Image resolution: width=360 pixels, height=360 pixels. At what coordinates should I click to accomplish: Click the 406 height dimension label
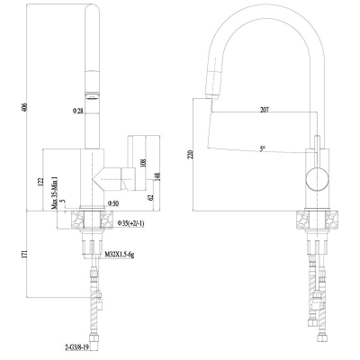click(x=25, y=108)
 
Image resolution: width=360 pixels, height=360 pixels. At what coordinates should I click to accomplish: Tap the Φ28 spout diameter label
click(x=77, y=111)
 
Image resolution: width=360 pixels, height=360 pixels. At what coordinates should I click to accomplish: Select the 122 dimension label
click(x=40, y=182)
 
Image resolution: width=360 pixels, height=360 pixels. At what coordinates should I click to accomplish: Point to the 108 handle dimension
click(x=143, y=163)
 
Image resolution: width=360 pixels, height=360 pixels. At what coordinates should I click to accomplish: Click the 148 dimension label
click(x=157, y=176)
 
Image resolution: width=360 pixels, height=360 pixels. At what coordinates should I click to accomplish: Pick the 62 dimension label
click(x=151, y=197)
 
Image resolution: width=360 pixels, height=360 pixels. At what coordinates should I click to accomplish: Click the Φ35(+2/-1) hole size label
click(x=131, y=223)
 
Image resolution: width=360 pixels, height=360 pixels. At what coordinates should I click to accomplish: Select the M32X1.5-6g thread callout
click(x=120, y=255)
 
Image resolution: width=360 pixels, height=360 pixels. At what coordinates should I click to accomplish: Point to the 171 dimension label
click(x=25, y=254)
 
